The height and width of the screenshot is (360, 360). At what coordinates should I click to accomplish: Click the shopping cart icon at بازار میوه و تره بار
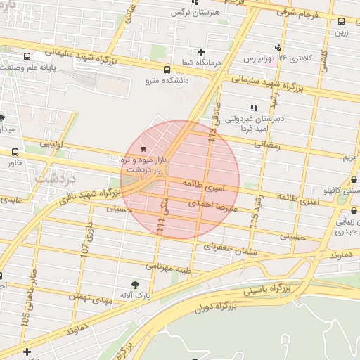pos(144,149)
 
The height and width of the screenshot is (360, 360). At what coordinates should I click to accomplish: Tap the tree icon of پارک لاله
pos(135,284)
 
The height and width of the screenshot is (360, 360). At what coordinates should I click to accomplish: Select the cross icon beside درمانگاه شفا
pos(202,52)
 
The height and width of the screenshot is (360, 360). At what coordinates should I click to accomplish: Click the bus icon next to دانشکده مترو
pos(167,70)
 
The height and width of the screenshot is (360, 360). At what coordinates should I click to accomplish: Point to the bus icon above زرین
pos(342,21)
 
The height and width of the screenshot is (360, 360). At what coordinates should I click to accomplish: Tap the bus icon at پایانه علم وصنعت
pos(27,56)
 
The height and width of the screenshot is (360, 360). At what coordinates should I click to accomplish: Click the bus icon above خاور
pos(15,152)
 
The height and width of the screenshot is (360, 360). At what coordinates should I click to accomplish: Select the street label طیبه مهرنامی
pos(169,268)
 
